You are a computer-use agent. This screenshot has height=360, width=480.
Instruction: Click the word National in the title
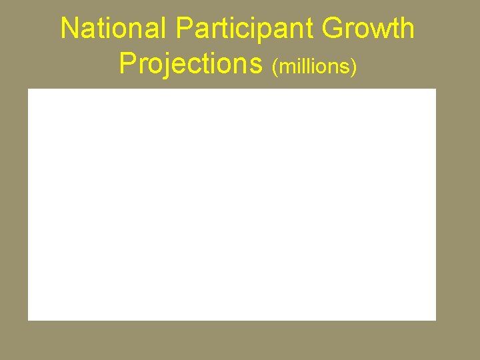tap(114, 29)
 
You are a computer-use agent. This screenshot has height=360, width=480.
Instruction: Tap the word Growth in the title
tap(367, 29)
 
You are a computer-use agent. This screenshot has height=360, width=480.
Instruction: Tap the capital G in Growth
tap(331, 29)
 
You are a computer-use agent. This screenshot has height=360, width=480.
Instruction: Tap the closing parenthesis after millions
tap(355, 67)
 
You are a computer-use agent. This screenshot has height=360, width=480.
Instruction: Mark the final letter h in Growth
tap(407, 29)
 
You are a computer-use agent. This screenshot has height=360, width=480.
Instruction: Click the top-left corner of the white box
tap(28, 89)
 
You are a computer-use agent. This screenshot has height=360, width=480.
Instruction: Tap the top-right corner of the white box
tap(435, 89)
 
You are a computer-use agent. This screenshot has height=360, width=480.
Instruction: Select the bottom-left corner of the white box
tap(28, 320)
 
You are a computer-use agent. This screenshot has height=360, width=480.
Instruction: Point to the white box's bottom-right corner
tap(435, 320)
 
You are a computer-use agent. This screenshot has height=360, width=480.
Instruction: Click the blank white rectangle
tap(232, 204)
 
